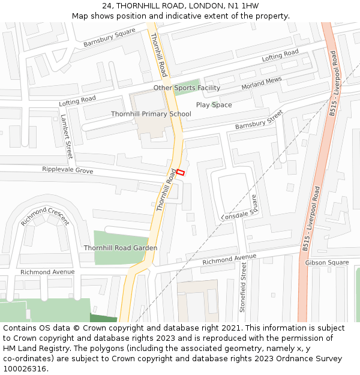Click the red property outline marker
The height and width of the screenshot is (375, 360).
[181, 172]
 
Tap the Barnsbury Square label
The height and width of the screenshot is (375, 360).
[109, 38]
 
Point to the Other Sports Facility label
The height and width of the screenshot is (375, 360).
[187, 88]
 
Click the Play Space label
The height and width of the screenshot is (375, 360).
[214, 105]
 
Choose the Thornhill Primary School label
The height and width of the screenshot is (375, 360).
[151, 114]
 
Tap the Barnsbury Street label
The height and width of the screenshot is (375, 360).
[259, 119]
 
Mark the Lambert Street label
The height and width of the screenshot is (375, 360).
[66, 137]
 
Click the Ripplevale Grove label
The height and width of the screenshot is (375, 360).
[67, 170]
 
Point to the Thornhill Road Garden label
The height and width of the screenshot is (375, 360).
[121, 248]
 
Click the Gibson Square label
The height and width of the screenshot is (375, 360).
[326, 263]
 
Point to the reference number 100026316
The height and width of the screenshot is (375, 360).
[25, 369]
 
